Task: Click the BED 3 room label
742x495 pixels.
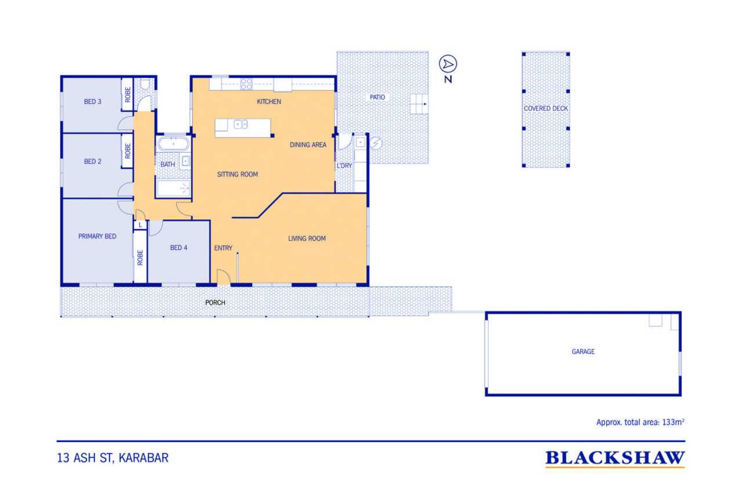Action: point(93,102)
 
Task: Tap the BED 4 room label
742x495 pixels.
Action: point(179,248)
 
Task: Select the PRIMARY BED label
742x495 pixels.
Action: point(97,236)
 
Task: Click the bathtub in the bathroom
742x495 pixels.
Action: point(173,144)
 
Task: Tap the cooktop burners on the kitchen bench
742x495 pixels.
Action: point(246,84)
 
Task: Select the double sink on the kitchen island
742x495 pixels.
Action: point(241,124)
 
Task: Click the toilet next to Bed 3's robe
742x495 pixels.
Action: point(145,84)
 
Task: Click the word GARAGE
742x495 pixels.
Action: point(583,352)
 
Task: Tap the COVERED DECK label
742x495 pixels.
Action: point(545,109)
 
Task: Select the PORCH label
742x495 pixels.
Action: point(215,303)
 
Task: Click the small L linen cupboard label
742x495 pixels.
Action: point(140,225)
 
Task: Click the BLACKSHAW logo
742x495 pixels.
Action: point(615,458)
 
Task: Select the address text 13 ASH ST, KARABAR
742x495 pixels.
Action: point(112,458)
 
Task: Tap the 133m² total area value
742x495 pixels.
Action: point(673,422)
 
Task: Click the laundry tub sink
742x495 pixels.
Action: point(361,143)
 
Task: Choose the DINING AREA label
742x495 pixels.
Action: point(308,145)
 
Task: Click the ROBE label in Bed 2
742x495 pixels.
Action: point(128,151)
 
